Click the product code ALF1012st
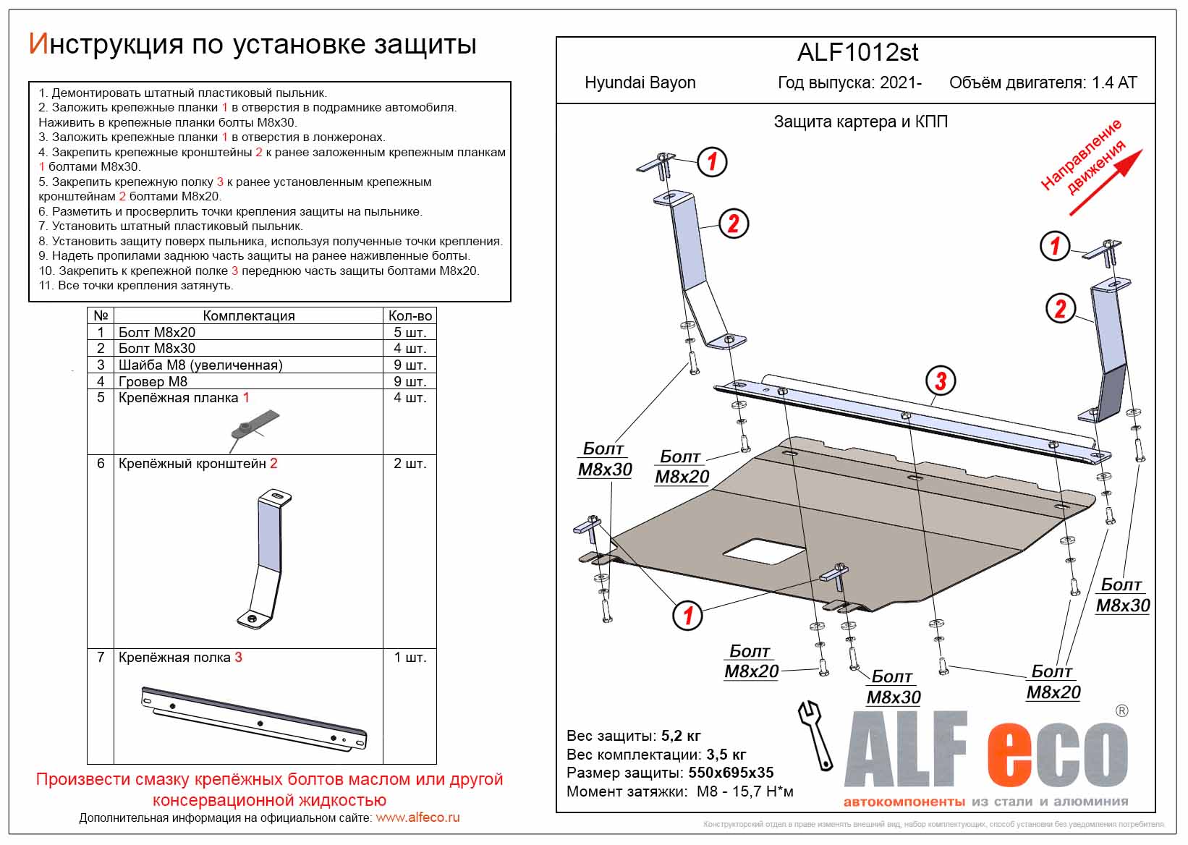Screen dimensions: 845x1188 pos(857,53)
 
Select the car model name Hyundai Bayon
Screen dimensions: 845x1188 pos(640,82)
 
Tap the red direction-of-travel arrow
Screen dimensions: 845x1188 pos(1106,182)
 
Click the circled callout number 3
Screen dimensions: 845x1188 pos(941,381)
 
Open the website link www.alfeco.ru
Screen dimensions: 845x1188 pos(417,818)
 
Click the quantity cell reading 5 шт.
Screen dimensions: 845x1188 pos(410,332)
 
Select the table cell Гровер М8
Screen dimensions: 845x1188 pos(153,381)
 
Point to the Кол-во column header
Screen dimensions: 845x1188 pos(410,315)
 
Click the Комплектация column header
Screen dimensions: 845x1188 pos(248,315)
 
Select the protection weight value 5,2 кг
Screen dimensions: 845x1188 pos(681,736)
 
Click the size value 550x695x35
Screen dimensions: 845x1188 pos(731,773)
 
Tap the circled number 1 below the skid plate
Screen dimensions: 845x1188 pos(687,616)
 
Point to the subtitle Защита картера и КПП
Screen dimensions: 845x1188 pos(860,122)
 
